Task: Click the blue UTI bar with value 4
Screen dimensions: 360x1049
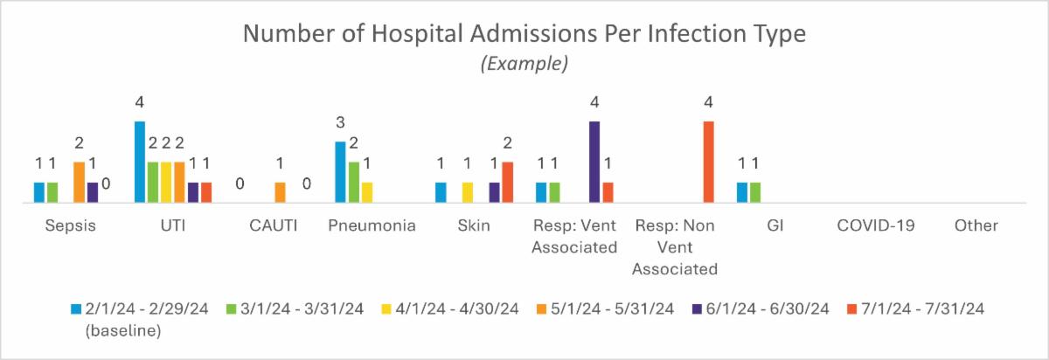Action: pos(140,162)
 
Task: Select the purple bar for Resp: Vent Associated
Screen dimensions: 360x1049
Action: pos(594,162)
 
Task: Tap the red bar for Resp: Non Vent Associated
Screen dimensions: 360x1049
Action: pos(708,162)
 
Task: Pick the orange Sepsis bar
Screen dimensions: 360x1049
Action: pos(79,183)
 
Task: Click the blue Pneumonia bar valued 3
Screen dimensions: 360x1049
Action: pos(341,172)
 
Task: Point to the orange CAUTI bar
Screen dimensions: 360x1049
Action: pos(280,192)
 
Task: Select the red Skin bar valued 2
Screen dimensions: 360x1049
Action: pos(507,183)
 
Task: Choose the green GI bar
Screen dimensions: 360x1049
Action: pos(755,192)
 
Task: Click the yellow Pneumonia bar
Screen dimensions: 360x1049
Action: pos(367,192)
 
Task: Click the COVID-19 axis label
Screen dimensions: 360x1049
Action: pos(875,225)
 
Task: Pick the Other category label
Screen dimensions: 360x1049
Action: pos(976,225)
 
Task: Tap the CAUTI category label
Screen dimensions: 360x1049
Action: pos(273,225)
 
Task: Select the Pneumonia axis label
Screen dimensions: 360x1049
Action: pos(372,225)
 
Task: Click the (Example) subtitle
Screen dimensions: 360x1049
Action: pos(524,66)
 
